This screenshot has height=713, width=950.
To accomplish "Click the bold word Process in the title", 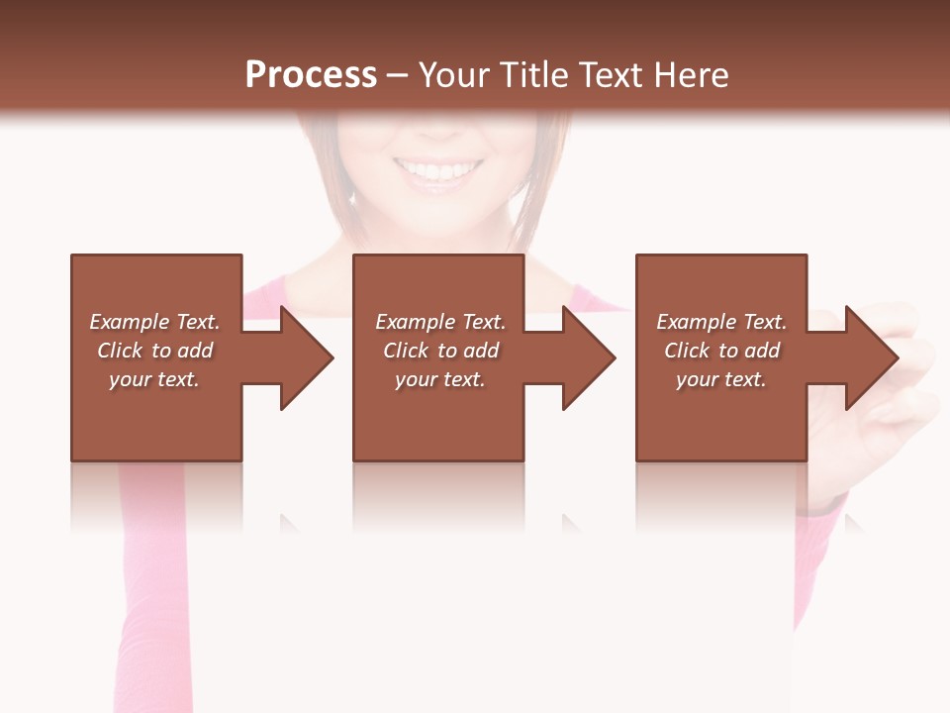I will pyautogui.click(x=311, y=75).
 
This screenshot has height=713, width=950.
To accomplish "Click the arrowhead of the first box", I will pyautogui.click(x=305, y=357).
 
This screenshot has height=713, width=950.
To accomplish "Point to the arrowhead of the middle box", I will pyautogui.click(x=587, y=357).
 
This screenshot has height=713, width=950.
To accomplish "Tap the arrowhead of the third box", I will pyautogui.click(x=870, y=357).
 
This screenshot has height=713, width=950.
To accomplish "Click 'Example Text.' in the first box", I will pyautogui.click(x=154, y=322).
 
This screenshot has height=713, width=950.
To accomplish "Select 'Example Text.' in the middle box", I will pyautogui.click(x=440, y=322).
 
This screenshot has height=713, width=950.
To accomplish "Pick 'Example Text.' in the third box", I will pyautogui.click(x=721, y=322).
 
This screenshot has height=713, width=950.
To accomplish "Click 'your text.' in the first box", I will pyautogui.click(x=154, y=379).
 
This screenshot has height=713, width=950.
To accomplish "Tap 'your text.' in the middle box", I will pyautogui.click(x=440, y=379).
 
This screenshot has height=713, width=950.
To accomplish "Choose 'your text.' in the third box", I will pyautogui.click(x=721, y=379).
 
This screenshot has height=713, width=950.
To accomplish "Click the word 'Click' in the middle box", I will pyautogui.click(x=406, y=351).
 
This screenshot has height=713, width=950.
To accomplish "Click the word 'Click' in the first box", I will pyautogui.click(x=120, y=351).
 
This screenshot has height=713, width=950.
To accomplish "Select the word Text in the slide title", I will pyautogui.click(x=608, y=75).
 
